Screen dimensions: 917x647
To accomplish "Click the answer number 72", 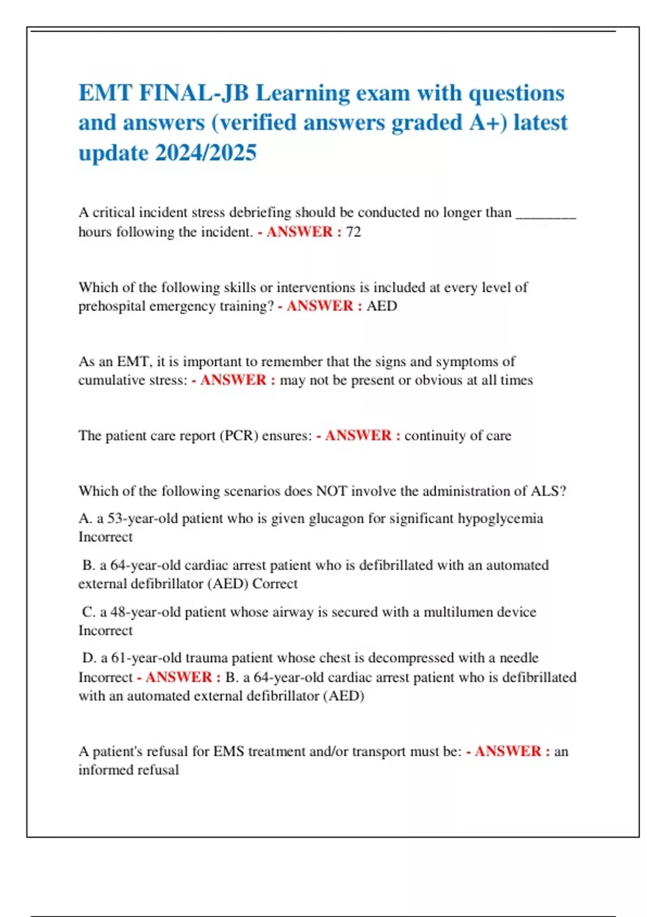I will [x=354, y=232].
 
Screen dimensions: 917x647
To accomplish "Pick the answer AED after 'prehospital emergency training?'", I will [x=382, y=306].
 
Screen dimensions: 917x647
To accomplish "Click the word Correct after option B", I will [x=275, y=584].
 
